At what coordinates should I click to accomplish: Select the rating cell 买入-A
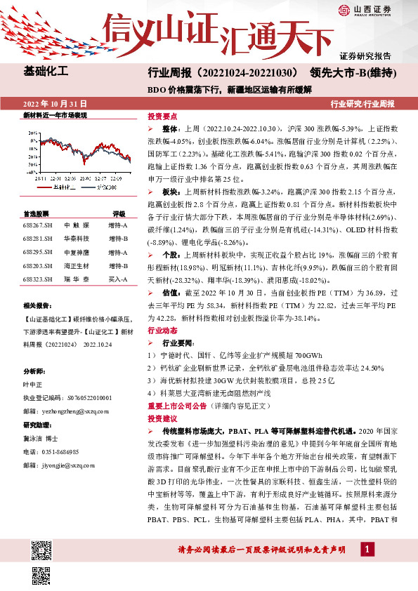point(118,279)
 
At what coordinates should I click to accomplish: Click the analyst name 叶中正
point(33,384)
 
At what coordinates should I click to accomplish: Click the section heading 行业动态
point(162,328)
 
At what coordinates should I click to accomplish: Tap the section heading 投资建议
point(162,418)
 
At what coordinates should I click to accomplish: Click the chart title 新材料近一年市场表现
point(55,114)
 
